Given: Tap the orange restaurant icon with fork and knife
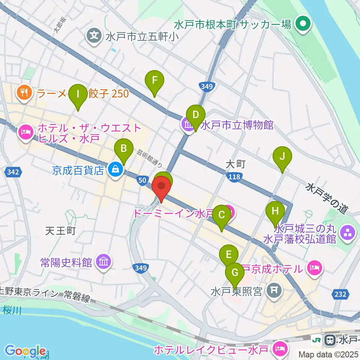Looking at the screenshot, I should pos(24,93).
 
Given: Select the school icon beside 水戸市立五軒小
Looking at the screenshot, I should pos(94,36).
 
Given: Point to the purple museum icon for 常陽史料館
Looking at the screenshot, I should pos(103,262).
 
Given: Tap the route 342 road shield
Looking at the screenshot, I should pos(13,172).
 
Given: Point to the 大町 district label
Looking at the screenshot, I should pos(236,164).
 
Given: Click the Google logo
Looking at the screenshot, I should pos(25,351).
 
